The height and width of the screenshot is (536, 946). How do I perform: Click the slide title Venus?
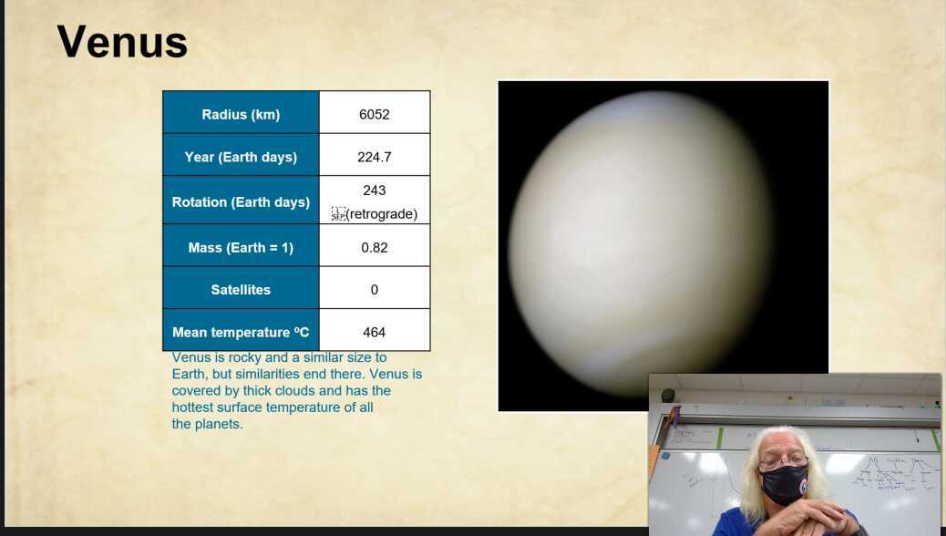pos(122,43)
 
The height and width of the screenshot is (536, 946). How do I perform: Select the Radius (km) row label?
pos(241,115)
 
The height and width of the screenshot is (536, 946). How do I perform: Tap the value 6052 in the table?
pos(374,115)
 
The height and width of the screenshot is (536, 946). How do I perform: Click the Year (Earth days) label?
pos(241,157)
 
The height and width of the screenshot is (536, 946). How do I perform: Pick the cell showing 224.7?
pos(374,157)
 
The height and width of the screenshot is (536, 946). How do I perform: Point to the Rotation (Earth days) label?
pos(241,202)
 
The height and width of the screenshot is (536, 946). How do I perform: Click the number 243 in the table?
pos(374,191)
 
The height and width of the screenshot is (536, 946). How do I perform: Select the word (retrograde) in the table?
pos(382,214)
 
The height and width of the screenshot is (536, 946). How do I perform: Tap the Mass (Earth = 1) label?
pos(241,248)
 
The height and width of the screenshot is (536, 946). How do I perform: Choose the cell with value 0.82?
pos(374,248)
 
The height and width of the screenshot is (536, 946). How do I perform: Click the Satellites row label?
pos(241,290)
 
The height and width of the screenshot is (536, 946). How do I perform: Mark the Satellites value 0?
pos(374,290)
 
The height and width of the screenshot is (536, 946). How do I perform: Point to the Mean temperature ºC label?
pos(241,333)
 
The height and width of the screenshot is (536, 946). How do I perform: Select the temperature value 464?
pos(374,333)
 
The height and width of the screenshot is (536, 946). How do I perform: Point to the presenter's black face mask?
pos(784,484)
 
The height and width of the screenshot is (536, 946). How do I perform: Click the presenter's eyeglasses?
pos(782,461)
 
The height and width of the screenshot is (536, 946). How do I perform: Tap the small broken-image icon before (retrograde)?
pos(338,214)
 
